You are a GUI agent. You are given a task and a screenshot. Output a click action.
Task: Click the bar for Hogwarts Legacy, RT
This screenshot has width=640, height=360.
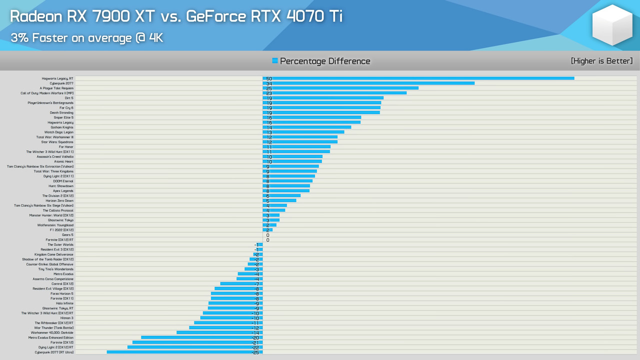418,78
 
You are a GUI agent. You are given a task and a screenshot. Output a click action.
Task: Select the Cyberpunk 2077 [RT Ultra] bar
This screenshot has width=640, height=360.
184,352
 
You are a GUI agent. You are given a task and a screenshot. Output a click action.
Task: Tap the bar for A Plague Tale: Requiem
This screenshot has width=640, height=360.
340,88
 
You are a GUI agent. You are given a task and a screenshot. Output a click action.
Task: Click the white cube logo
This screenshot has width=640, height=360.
612,24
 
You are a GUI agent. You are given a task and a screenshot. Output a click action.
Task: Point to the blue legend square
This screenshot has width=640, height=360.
275,60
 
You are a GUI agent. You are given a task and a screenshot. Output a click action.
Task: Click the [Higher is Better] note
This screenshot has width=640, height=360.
601,61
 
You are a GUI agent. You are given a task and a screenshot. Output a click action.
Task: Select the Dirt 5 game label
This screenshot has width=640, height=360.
69,98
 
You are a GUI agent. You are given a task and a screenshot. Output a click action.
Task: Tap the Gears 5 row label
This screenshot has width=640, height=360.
67,235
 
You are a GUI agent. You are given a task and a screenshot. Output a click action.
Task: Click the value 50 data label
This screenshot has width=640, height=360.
269,78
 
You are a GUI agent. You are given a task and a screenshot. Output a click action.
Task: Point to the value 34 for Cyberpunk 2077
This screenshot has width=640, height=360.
269,83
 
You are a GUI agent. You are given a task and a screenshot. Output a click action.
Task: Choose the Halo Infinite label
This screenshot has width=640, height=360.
64,303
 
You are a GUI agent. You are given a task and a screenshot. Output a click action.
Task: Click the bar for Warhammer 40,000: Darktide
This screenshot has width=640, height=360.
219,332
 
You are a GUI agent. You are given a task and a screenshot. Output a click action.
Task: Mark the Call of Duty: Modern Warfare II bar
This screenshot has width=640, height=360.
334,93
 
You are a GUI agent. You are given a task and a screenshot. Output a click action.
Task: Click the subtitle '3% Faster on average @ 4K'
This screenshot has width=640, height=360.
86,37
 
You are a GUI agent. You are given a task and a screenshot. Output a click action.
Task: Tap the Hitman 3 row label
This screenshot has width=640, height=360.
66,318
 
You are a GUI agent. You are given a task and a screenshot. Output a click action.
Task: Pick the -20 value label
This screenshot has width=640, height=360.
255,337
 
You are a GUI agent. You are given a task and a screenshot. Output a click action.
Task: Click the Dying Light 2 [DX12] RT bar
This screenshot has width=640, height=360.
195,347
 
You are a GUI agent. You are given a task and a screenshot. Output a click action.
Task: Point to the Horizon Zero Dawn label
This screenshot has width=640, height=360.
59,200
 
